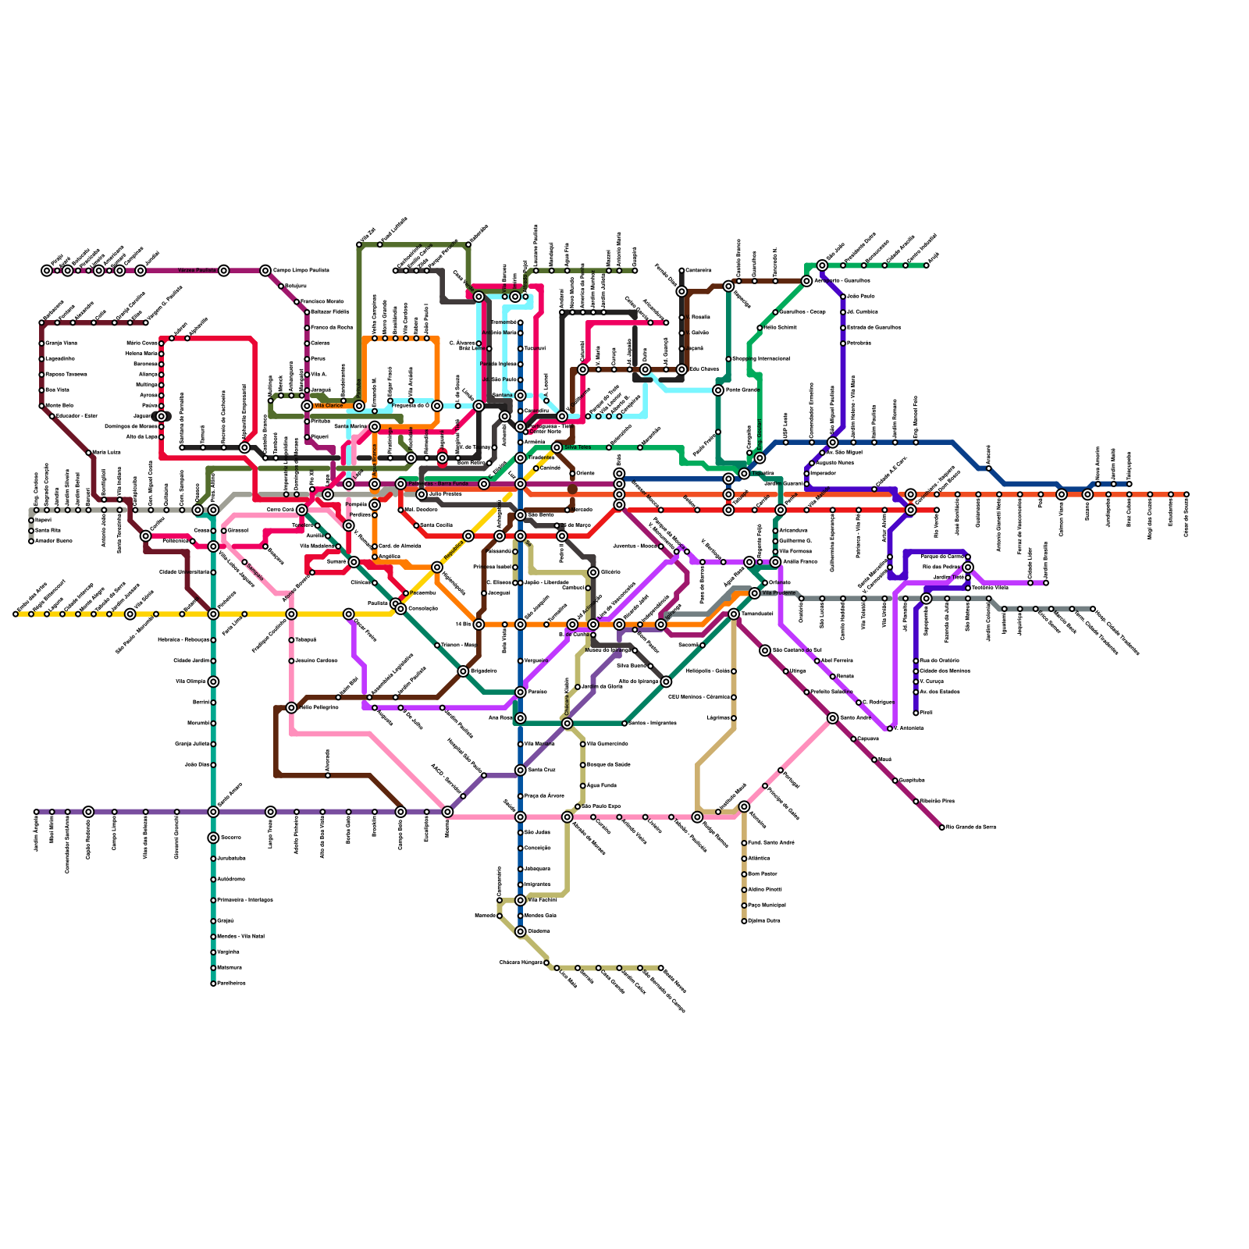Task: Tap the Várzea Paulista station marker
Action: point(224,271)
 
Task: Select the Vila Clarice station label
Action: point(328,406)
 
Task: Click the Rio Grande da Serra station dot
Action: point(941,827)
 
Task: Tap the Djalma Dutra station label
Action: point(763,921)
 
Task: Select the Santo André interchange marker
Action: point(833,718)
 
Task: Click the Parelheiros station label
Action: point(231,984)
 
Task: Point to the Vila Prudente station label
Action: point(778,593)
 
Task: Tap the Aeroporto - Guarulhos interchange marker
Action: point(806,281)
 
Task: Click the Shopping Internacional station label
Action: point(760,359)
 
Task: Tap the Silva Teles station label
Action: point(577,447)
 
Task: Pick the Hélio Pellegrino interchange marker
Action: point(291,708)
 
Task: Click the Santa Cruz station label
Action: point(541,770)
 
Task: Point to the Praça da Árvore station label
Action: point(544,796)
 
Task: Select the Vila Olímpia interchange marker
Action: point(213,681)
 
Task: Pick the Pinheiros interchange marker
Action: point(213,614)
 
